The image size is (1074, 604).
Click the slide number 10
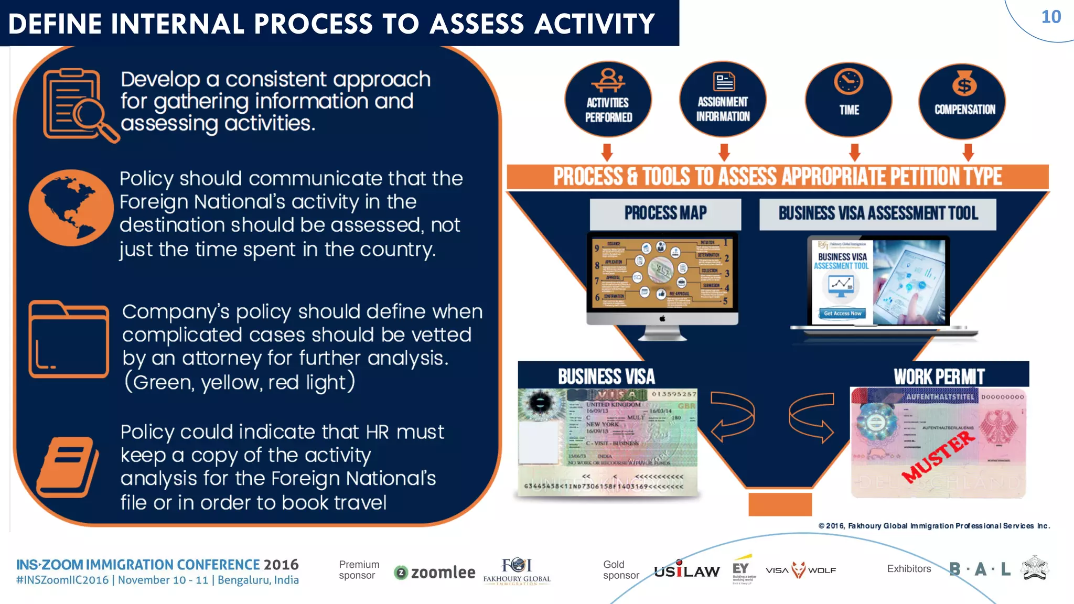pyautogui.click(x=1050, y=17)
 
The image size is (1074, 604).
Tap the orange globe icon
pyautogui.click(x=71, y=208)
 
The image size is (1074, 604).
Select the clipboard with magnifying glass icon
pyautogui.click(x=79, y=105)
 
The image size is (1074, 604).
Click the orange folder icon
pyautogui.click(x=69, y=340)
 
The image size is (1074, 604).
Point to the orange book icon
pyautogui.click(x=68, y=467)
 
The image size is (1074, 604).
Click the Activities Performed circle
pyautogui.click(x=608, y=100)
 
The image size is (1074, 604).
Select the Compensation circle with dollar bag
pyautogui.click(x=963, y=101)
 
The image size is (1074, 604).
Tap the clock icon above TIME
pyautogui.click(x=849, y=82)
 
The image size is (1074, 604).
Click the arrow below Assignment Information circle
pyautogui.click(x=724, y=153)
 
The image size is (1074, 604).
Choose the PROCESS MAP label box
pyautogui.click(x=665, y=213)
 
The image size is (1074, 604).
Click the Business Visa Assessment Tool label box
pyautogui.click(x=878, y=214)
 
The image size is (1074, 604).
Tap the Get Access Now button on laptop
pyautogui.click(x=842, y=314)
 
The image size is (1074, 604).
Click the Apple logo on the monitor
pyautogui.click(x=662, y=318)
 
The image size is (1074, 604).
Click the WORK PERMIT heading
pyautogui.click(x=939, y=376)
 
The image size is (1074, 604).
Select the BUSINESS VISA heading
pyautogui.click(x=606, y=376)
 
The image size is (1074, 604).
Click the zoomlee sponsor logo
pyautogui.click(x=435, y=573)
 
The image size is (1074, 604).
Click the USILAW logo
pyautogui.click(x=686, y=570)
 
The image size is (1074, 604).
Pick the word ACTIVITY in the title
pyautogui.click(x=595, y=24)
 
